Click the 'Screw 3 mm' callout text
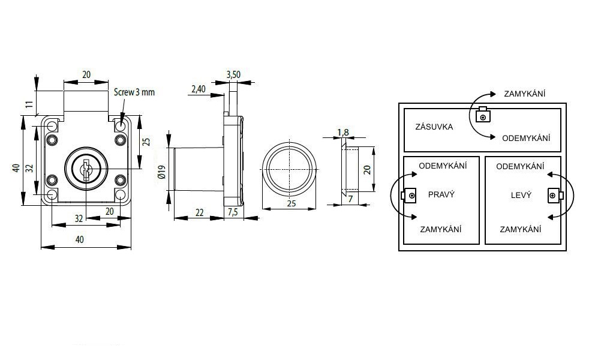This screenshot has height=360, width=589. (134, 92)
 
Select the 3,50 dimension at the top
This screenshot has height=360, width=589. (233, 74)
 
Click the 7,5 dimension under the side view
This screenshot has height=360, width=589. (233, 212)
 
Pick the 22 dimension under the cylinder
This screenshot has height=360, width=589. (200, 212)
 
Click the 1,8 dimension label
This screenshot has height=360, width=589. (343, 132)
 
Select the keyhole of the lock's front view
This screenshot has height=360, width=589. (86, 170)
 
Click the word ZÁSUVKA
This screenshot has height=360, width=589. (434, 127)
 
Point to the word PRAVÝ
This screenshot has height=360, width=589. (441, 194)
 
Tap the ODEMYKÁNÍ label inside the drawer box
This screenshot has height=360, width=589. (526, 138)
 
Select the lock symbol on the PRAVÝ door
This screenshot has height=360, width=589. (410, 196)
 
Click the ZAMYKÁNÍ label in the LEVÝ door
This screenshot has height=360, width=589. (520, 229)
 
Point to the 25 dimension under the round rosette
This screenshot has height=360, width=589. (291, 204)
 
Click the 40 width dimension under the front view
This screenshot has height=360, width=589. (80, 239)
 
